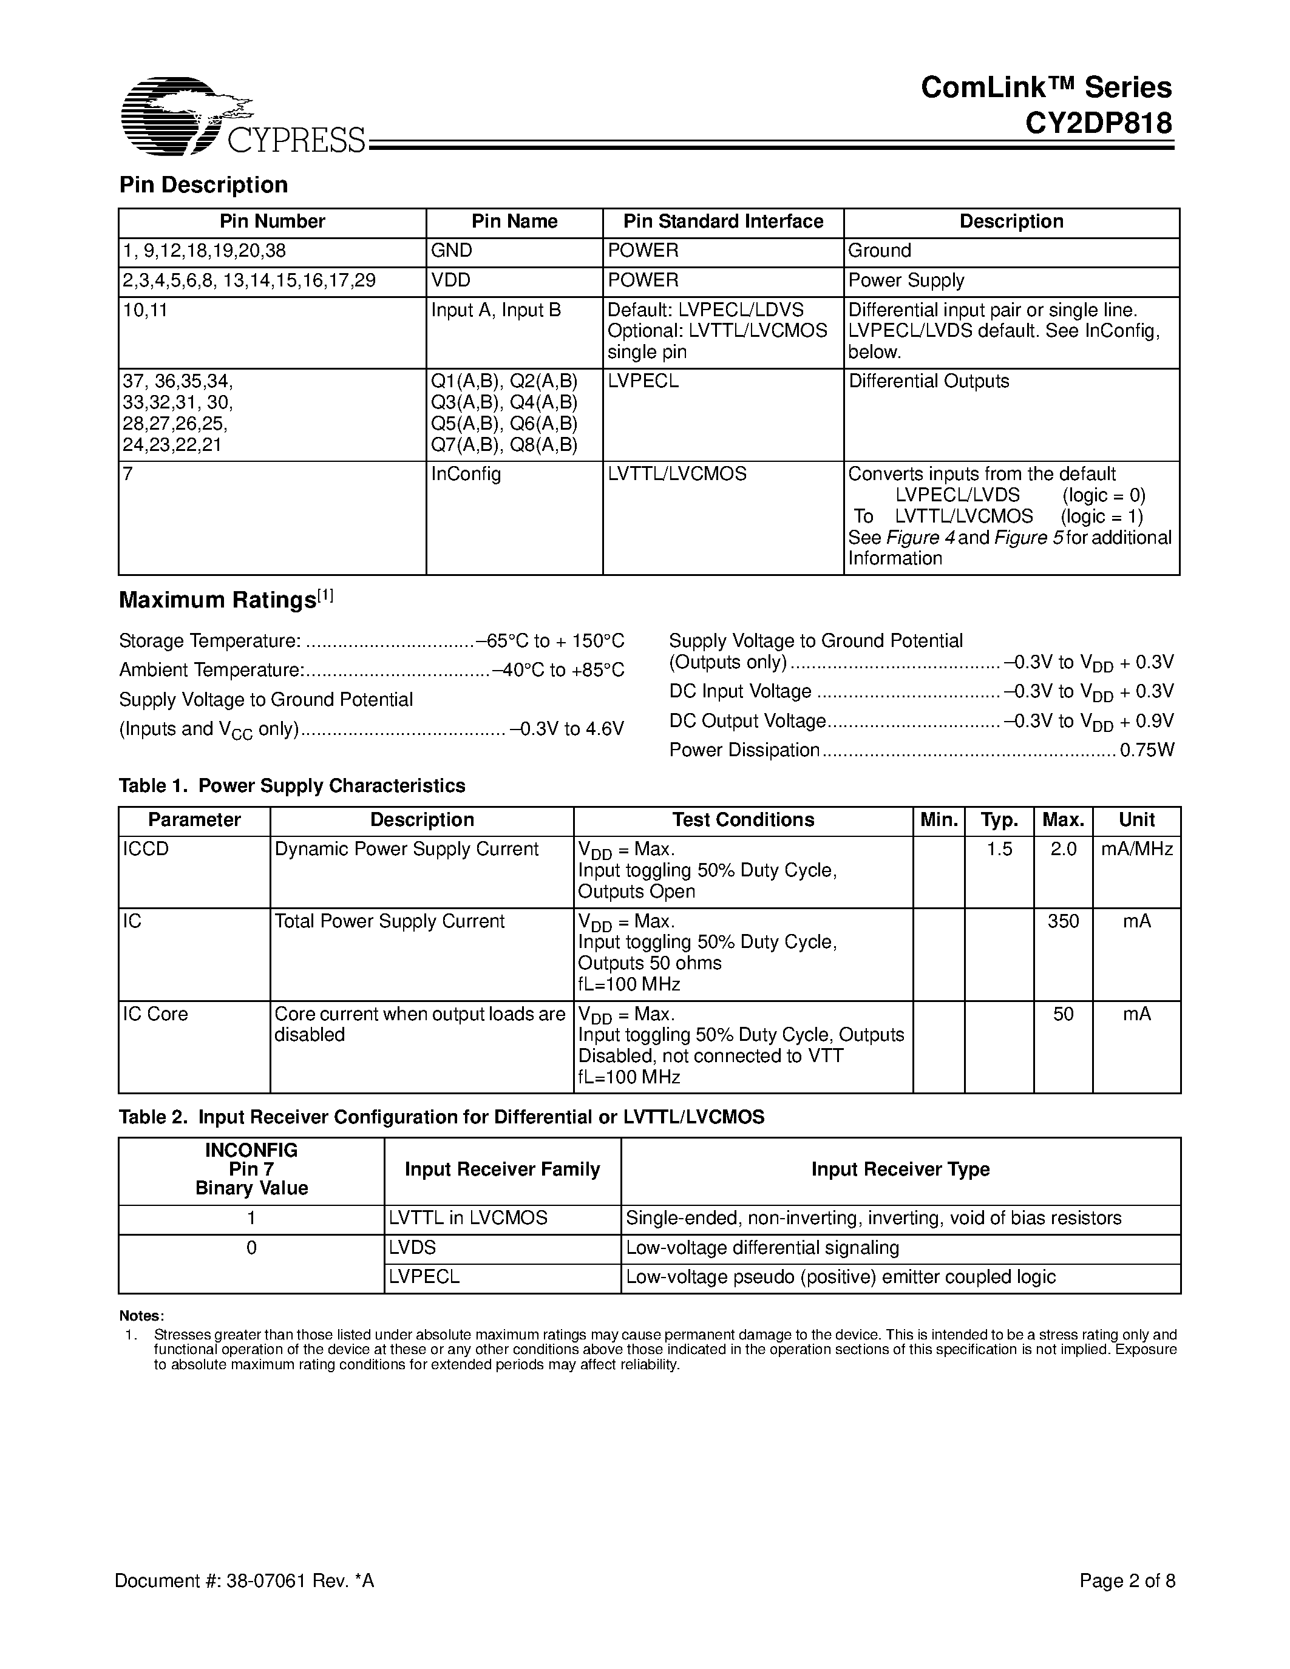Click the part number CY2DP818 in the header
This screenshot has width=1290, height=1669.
1098,123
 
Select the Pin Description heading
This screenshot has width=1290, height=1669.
203,185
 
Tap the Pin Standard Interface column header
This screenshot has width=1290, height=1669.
723,222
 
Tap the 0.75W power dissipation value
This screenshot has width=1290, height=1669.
1146,750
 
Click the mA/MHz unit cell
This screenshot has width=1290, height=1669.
1136,849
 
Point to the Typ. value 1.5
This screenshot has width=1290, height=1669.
999,849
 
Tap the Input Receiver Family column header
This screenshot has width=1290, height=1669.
502,1170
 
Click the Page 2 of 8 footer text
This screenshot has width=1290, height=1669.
1127,1580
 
